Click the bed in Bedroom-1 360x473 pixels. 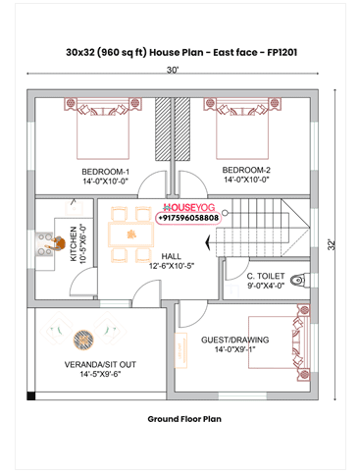(102, 128)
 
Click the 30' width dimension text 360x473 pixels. (173, 71)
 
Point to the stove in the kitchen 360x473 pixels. (45, 242)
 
